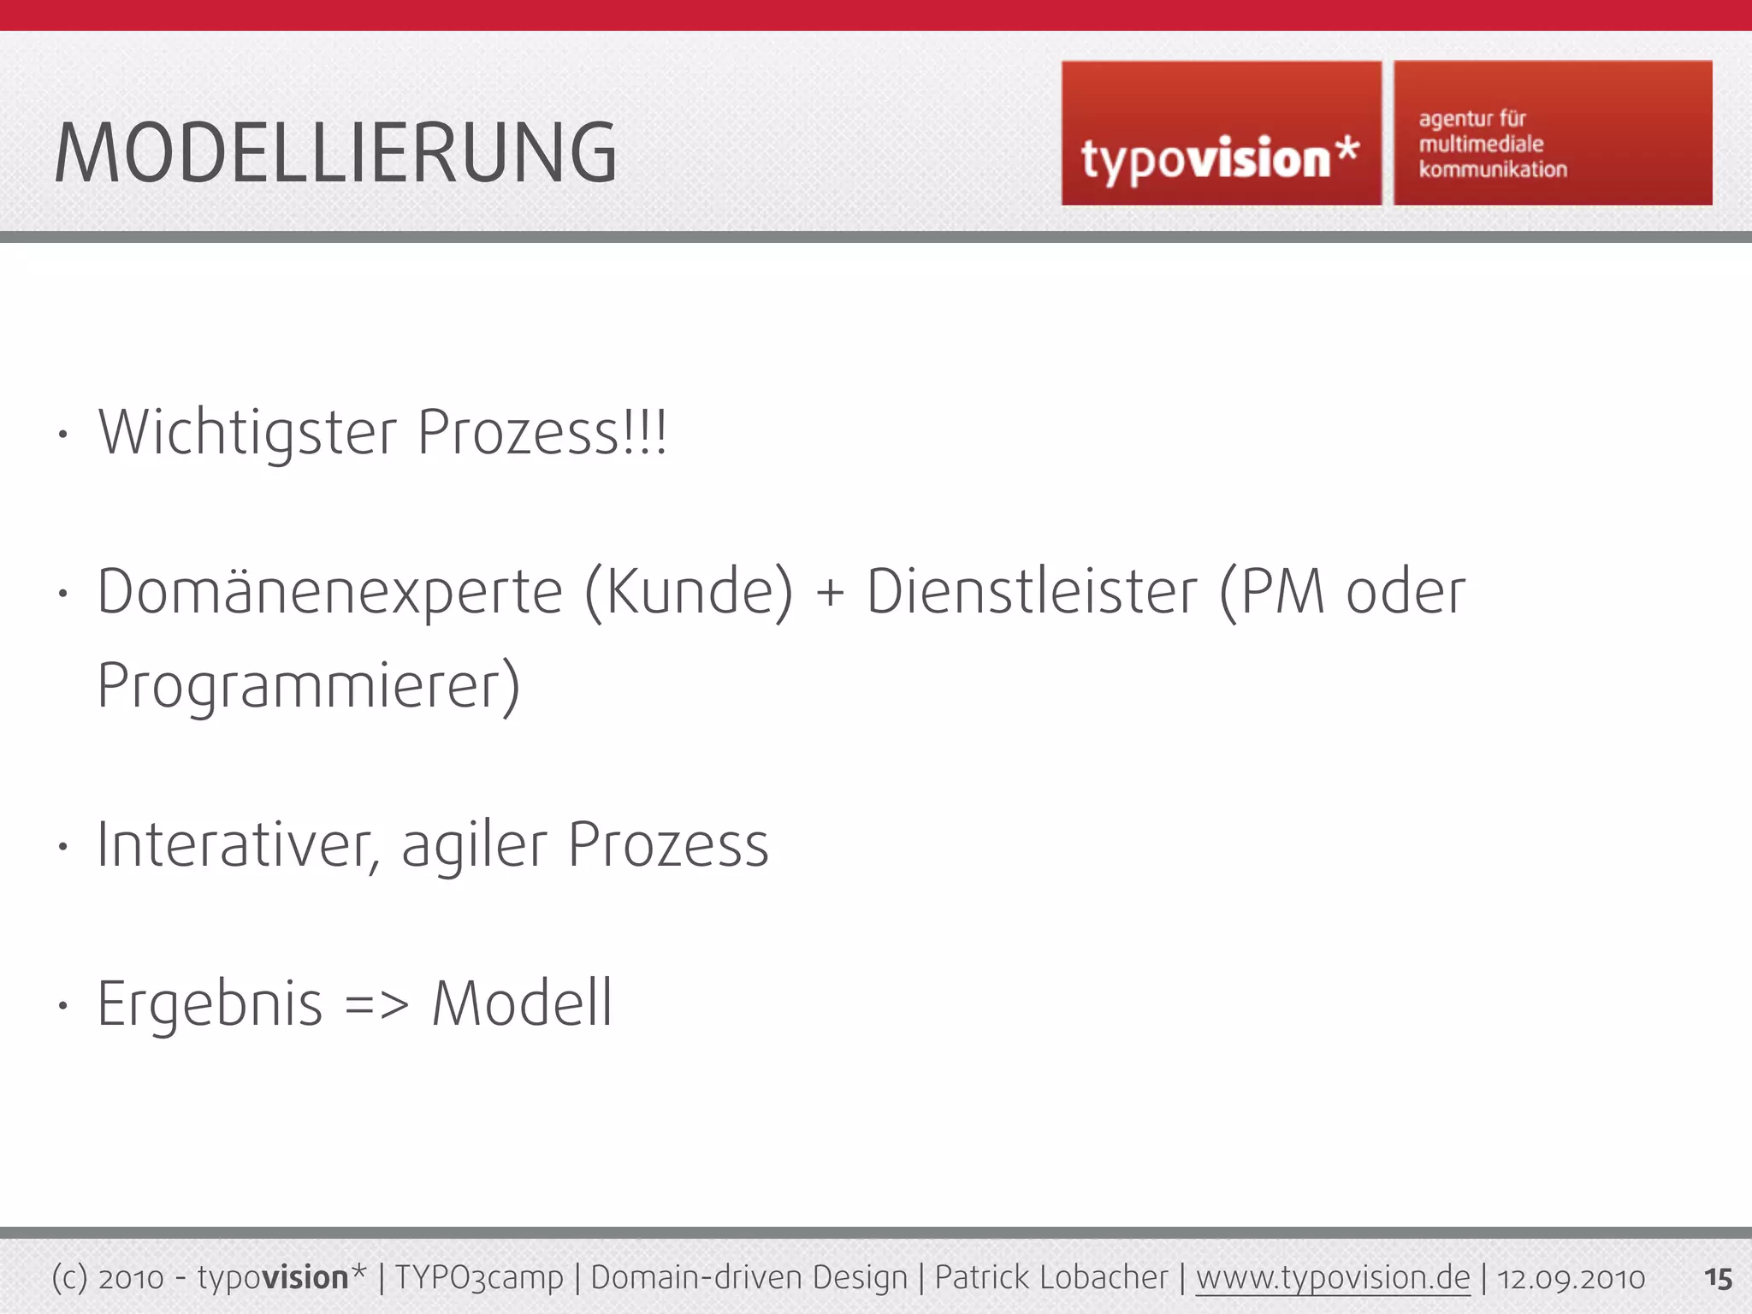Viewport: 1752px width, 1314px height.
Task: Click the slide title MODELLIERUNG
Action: click(x=335, y=154)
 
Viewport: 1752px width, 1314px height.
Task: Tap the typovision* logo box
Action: click(x=1221, y=133)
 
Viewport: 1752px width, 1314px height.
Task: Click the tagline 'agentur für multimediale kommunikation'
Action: click(x=1493, y=144)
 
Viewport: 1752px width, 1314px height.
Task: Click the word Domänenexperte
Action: click(x=330, y=592)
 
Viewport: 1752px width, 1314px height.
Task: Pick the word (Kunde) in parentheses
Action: click(x=689, y=592)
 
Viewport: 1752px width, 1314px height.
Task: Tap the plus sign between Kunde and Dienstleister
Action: click(x=830, y=594)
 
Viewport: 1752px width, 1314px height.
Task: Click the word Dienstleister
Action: click(x=1032, y=592)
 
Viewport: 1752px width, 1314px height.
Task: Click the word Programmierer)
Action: click(x=309, y=686)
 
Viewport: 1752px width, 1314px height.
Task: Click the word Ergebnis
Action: click(x=210, y=1004)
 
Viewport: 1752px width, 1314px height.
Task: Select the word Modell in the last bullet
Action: click(x=522, y=1003)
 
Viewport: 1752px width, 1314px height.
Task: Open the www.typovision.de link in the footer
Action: click(x=1332, y=1277)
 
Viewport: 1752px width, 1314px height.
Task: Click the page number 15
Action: click(x=1718, y=1278)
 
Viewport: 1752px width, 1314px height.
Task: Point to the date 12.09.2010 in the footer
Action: click(x=1571, y=1278)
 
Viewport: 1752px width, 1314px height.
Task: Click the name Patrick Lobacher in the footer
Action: click(x=1051, y=1277)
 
